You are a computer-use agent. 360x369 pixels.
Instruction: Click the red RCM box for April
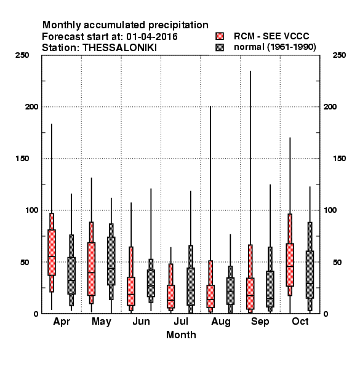click(52, 253)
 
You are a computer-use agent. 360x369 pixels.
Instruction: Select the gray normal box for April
click(71, 271)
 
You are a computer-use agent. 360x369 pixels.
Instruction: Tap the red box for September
click(250, 279)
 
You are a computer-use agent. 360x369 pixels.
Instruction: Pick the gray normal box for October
click(310, 266)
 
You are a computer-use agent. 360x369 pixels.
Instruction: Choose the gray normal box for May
click(111, 262)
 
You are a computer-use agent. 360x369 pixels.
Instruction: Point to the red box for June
click(131, 279)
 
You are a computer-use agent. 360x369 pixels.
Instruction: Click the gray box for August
click(230, 290)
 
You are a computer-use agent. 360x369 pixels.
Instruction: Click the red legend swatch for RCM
click(220, 36)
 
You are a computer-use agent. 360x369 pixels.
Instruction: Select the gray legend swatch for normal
click(220, 47)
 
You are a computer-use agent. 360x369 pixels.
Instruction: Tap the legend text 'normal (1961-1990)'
click(274, 47)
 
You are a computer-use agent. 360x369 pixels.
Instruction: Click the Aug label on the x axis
click(220, 322)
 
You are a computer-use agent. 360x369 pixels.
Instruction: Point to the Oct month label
click(300, 321)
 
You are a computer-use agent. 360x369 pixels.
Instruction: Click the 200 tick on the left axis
click(31, 106)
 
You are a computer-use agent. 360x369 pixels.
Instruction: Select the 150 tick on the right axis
click(339, 159)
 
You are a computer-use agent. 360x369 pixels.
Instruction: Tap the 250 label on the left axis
click(22, 55)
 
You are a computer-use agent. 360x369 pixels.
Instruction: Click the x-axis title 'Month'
click(181, 335)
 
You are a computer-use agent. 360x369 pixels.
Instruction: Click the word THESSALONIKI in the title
click(119, 48)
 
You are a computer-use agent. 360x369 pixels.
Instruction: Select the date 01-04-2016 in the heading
click(152, 37)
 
